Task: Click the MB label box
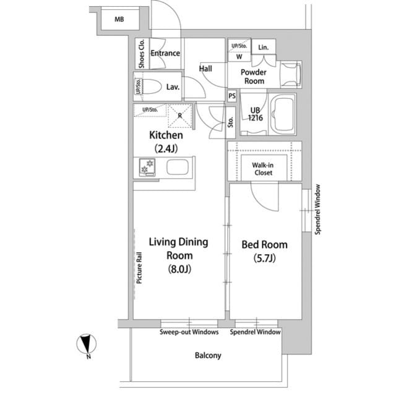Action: point(119,20)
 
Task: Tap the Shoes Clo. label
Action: point(142,53)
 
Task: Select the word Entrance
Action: point(165,53)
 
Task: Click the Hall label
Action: point(205,69)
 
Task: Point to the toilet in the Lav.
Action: point(154,87)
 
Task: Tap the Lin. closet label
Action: point(263,48)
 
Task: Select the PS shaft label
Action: point(232,96)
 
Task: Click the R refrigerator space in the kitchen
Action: point(179,116)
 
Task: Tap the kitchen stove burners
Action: point(148,167)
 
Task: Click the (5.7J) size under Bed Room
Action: point(264,259)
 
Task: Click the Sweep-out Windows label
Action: point(189,333)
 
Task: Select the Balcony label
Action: point(207,356)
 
